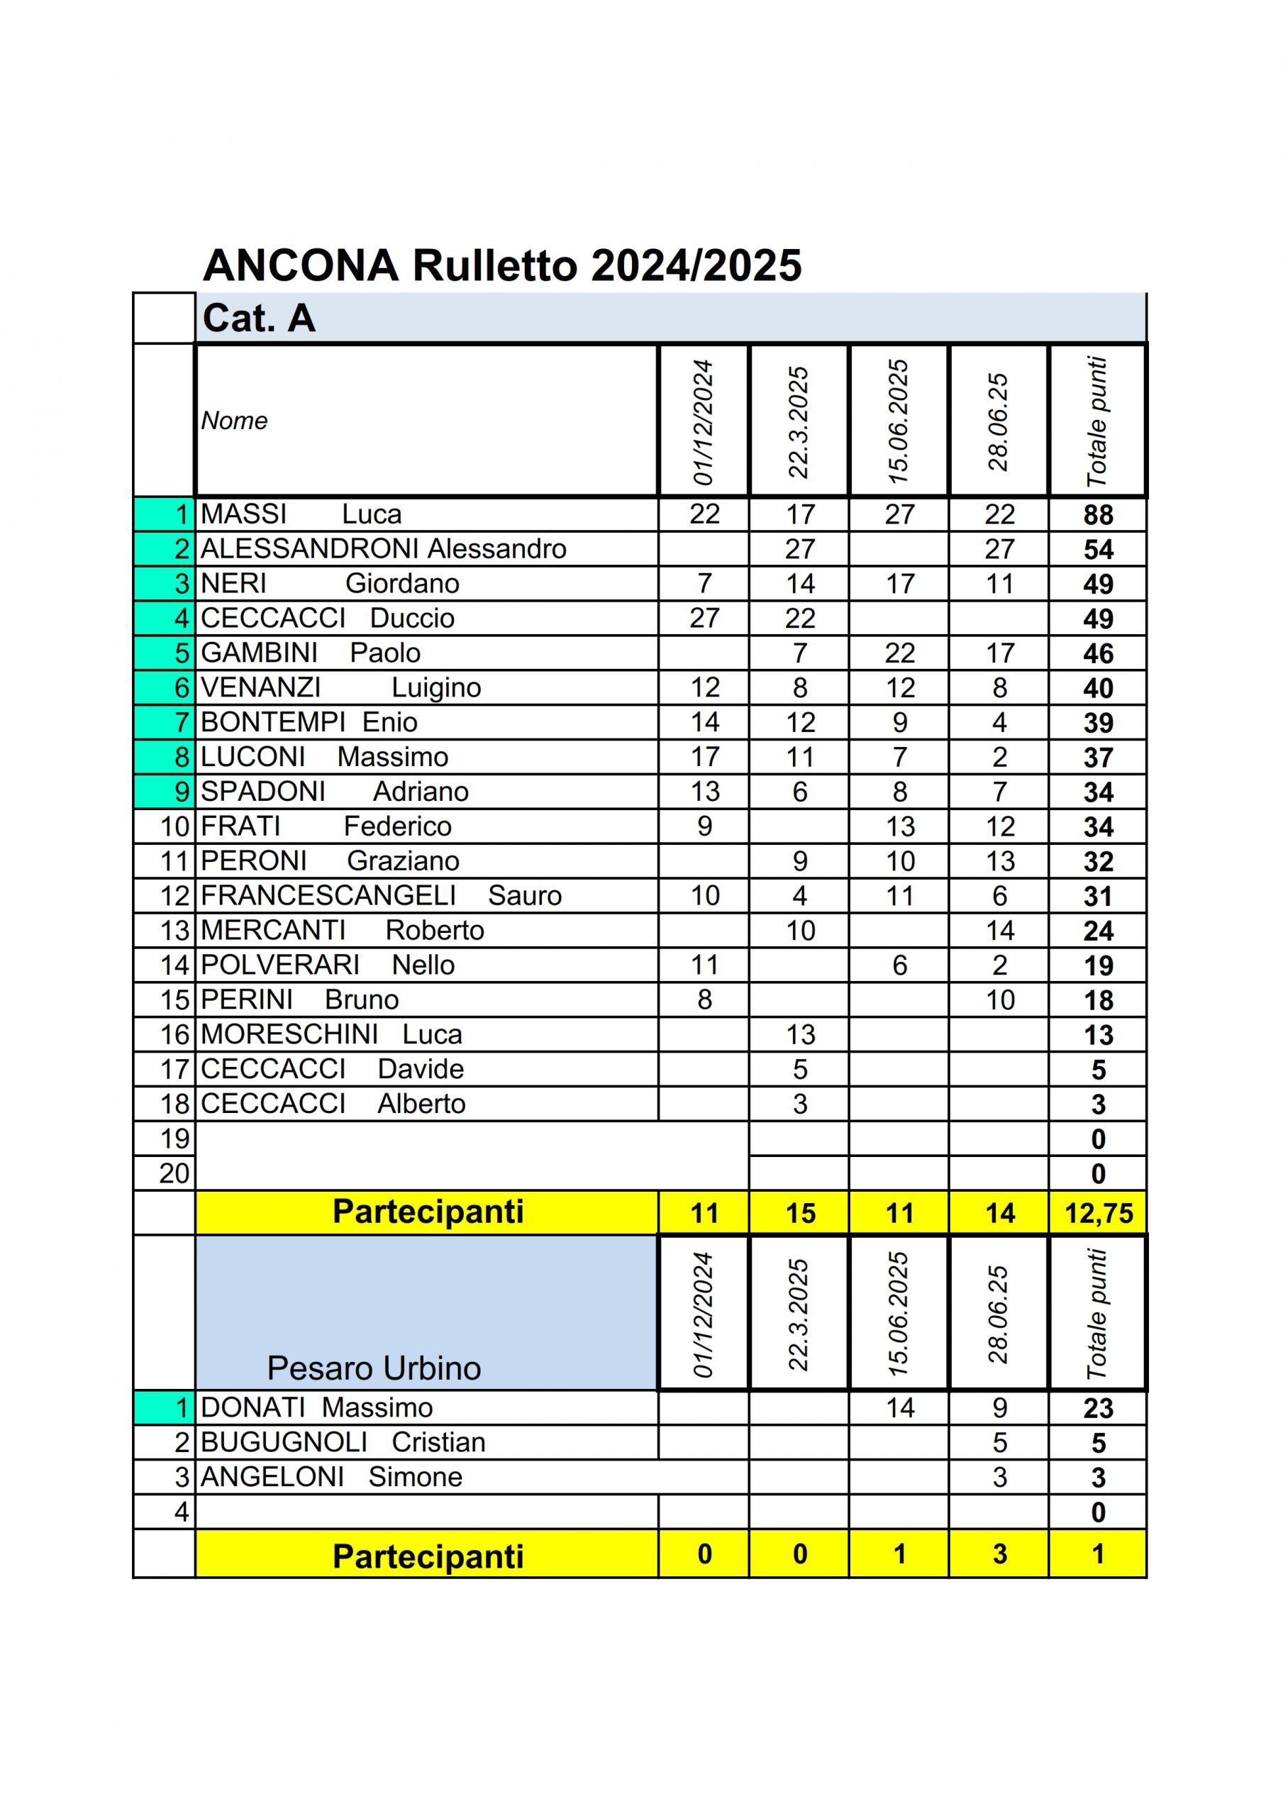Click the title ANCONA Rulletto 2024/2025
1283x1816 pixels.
(502, 266)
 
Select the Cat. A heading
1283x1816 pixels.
(259, 319)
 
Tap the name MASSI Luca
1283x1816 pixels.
(301, 514)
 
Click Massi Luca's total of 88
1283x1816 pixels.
(1098, 515)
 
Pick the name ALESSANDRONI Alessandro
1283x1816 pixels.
(384, 549)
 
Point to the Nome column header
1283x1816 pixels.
(234, 421)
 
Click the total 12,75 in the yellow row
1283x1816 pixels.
(1098, 1212)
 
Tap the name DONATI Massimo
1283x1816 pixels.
(316, 1407)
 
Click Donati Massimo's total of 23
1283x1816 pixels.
(1098, 1408)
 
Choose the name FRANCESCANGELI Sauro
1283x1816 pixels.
(382, 895)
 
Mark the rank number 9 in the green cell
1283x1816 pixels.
(182, 791)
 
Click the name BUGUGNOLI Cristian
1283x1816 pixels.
(343, 1442)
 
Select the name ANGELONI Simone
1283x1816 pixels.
(331, 1477)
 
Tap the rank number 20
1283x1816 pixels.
(174, 1173)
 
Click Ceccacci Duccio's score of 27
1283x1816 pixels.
(704, 618)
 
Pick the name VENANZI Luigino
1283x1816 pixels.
(340, 687)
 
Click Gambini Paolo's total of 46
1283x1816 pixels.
(1098, 653)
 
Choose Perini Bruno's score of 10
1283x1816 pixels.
(1000, 1000)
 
